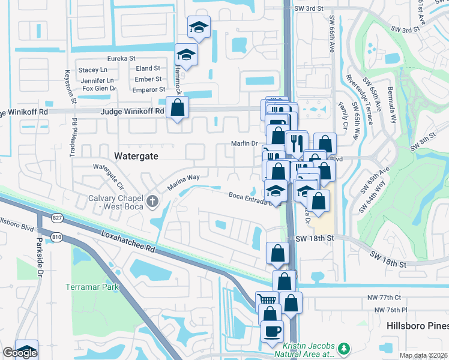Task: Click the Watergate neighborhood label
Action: pos(136,155)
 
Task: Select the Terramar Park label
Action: pos(92,286)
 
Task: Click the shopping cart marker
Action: pos(267,299)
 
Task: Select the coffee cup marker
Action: pos(272,331)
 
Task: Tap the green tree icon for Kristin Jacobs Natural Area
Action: pos(344,348)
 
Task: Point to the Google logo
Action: pos(20,353)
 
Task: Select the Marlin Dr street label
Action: pos(245,143)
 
